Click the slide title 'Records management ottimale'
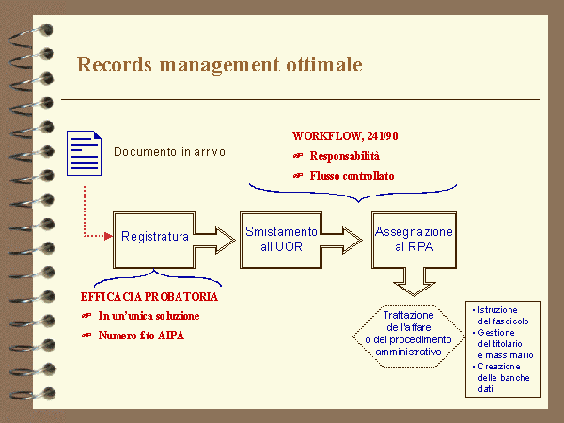pyautogui.click(x=219, y=65)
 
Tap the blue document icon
pyautogui.click(x=86, y=152)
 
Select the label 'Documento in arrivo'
pyautogui.click(x=169, y=151)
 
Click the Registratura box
pyautogui.click(x=155, y=236)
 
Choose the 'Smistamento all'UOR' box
pyautogui.click(x=280, y=237)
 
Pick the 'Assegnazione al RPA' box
pyautogui.click(x=413, y=237)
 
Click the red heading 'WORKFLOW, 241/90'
pyautogui.click(x=339, y=135)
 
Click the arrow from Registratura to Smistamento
pyautogui.click(x=218, y=236)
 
